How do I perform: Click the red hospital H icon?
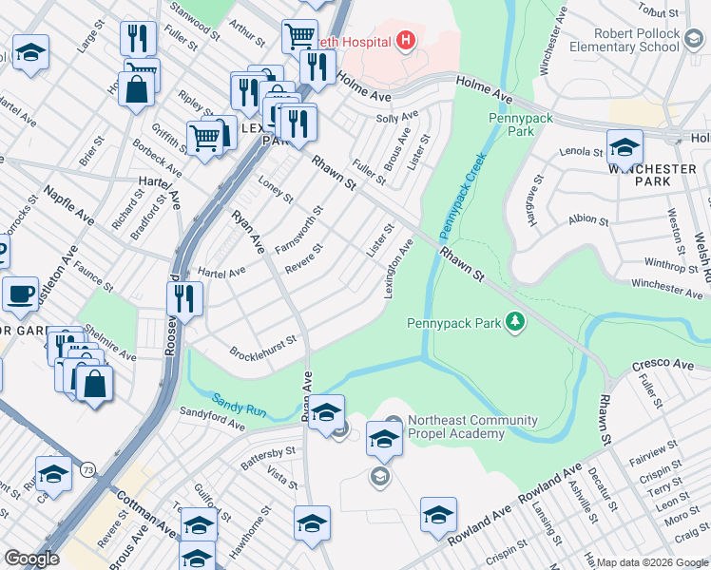407,41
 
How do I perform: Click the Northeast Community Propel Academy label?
459,427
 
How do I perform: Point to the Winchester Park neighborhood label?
652,175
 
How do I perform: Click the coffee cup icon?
20,294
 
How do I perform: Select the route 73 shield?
87,469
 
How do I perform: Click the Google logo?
32,559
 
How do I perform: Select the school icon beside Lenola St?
625,147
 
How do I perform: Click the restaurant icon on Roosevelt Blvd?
185,298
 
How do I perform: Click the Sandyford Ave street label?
212,418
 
